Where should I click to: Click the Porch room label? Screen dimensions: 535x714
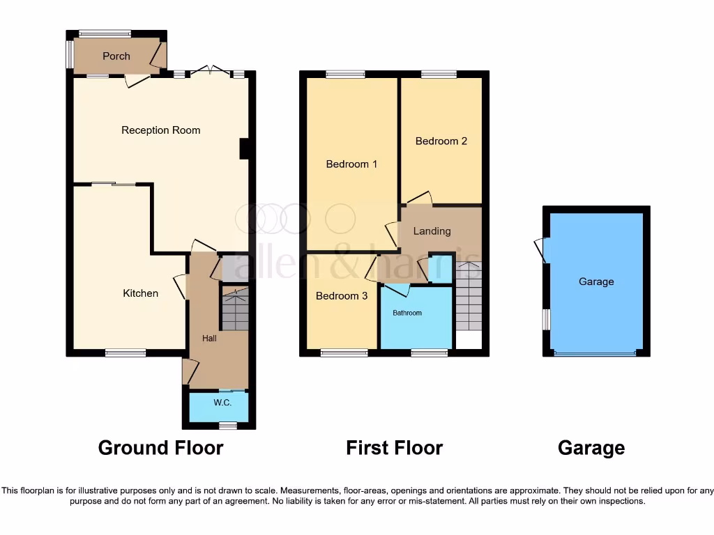coord(116,56)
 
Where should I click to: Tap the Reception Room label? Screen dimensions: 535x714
coord(160,130)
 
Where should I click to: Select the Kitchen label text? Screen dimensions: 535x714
coord(141,293)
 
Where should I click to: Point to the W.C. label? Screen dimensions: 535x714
coord(222,403)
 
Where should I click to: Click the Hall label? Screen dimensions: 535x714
coord(210,339)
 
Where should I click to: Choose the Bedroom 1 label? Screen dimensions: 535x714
coord(351,164)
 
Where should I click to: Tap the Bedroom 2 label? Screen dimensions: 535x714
coord(441,141)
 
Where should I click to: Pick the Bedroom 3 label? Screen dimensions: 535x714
coord(342,296)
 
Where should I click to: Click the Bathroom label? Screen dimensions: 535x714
coord(407,313)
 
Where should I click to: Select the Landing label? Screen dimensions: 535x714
coord(432,231)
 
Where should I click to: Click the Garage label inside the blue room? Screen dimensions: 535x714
coord(596,282)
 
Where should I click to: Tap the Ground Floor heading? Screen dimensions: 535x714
coord(160,447)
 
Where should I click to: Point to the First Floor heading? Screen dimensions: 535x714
coord(394,447)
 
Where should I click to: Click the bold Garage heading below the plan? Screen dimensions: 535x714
coord(591,447)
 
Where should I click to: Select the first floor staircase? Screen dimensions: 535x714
coord(469,300)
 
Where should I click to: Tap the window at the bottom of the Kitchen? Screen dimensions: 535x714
coord(126,353)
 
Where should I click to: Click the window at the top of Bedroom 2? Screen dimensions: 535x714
coord(439,74)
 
